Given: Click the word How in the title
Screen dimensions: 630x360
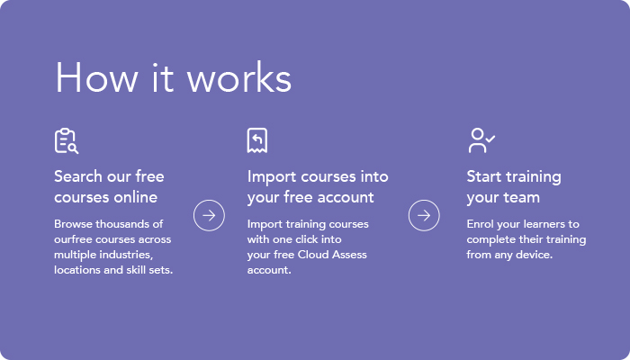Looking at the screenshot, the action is tap(96, 77).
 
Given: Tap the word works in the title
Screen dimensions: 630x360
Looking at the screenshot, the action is tap(239, 77).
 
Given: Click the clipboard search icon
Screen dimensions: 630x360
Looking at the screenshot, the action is tap(67, 140).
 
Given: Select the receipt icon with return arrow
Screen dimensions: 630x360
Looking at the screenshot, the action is tap(257, 140).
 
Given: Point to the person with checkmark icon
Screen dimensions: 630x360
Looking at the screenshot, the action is tap(481, 140).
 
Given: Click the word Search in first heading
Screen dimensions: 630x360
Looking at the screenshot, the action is tap(78, 176).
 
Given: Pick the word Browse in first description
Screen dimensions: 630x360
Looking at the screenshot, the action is tap(73, 224).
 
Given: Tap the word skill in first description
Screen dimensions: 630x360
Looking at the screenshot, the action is tap(136, 270).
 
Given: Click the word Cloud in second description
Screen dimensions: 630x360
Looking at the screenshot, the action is tap(310, 255).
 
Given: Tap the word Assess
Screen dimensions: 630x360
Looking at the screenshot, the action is tap(346, 255).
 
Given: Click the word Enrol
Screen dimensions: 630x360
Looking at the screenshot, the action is tap(480, 224).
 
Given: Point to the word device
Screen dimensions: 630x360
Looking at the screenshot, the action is tap(535, 255).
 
